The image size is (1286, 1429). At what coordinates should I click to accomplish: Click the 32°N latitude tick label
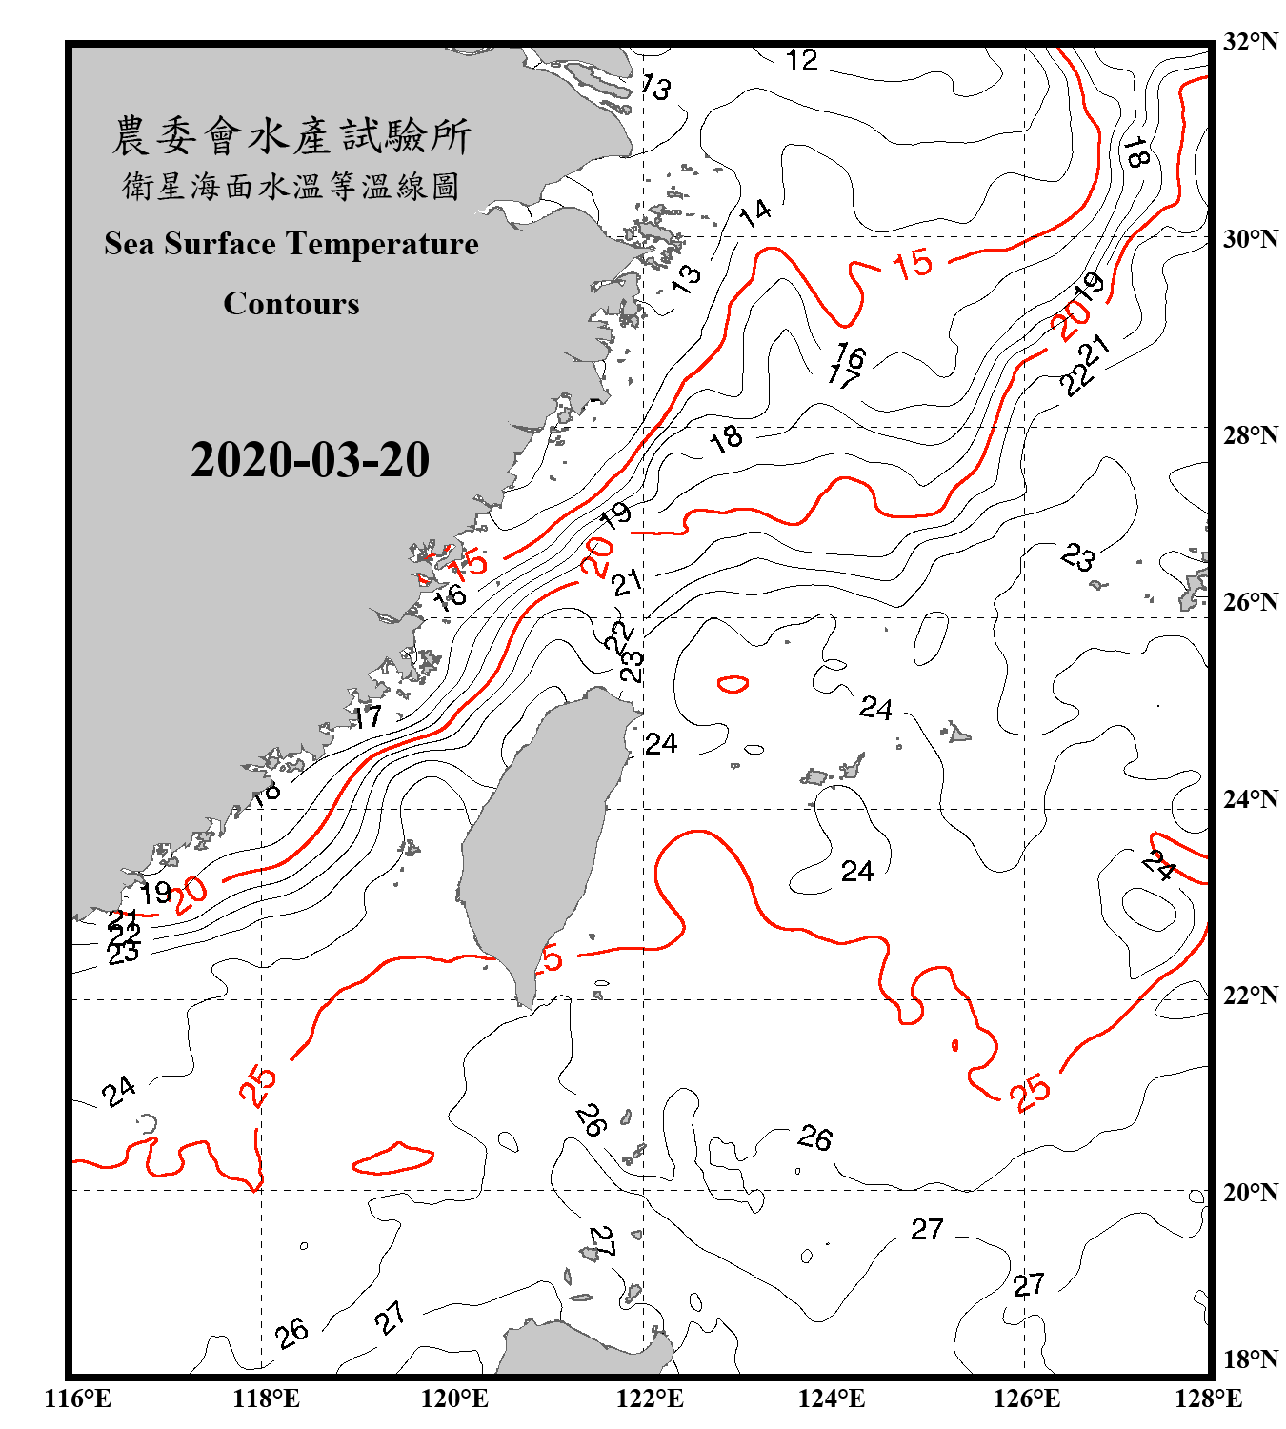1251,41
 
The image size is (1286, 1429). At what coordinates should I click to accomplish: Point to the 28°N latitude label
1251,434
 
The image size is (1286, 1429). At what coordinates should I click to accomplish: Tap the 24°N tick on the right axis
1251,798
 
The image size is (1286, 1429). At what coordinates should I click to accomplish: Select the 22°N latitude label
1251,995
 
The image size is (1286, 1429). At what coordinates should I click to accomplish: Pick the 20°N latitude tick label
1251,1192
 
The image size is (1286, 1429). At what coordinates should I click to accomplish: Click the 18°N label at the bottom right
1251,1359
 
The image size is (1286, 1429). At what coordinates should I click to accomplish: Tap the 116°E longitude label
78,1399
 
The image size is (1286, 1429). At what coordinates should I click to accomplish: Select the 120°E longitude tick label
454,1399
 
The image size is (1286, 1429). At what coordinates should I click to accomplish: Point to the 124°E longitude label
832,1399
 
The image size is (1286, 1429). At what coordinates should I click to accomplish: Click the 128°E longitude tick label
1208,1399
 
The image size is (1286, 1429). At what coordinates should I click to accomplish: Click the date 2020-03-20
310,460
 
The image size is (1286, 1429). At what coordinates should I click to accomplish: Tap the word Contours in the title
291,304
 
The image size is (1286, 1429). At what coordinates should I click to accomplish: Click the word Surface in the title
220,244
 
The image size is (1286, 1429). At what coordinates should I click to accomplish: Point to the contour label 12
801,60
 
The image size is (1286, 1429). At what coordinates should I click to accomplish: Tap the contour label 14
755,211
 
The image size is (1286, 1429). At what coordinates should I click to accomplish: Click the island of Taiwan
538,838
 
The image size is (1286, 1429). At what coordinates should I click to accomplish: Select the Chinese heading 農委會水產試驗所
291,136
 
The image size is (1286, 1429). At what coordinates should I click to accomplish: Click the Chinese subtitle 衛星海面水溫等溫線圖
291,186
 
